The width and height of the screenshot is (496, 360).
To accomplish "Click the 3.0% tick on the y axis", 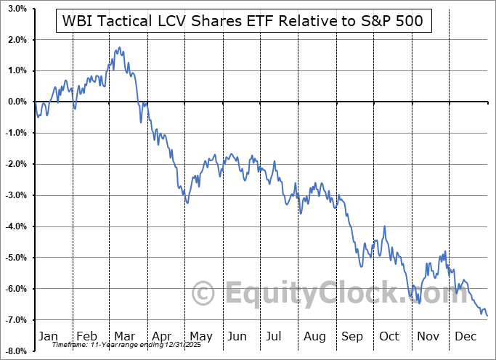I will tap(17, 9).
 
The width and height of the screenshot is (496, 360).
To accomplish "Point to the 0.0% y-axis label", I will tap(17, 102).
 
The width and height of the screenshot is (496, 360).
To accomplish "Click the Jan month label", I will tap(47, 336).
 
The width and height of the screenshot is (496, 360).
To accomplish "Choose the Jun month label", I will tap(237, 336).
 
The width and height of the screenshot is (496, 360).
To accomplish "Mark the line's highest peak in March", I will tap(118, 48).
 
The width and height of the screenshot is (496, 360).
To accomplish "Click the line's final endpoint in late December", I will tap(487, 315).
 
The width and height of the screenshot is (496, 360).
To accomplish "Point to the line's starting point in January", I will tap(35, 102).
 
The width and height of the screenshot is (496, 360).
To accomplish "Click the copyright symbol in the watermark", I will tap(204, 293).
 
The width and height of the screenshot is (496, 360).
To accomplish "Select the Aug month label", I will tap(315, 336).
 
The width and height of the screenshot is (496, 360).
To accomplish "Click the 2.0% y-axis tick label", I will tap(17, 39).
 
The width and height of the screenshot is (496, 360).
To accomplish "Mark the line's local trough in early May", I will tap(187, 203).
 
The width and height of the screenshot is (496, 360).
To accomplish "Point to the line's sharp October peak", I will tap(384, 226).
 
